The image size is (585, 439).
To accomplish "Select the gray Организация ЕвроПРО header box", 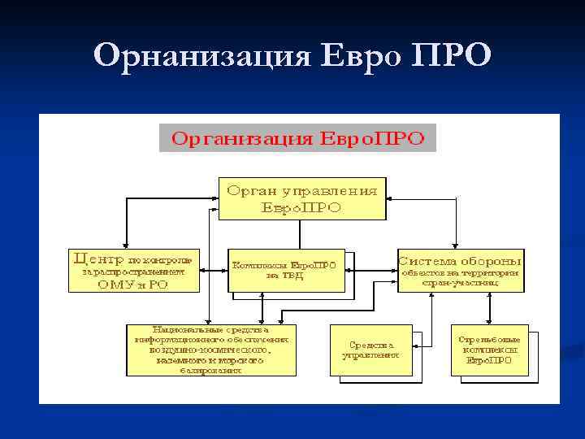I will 297,137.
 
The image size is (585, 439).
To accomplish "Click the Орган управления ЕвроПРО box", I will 302,198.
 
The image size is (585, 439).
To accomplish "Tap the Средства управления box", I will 370,350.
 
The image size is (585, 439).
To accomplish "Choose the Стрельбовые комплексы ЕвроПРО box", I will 489,350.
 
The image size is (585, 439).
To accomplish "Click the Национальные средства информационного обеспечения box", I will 211,350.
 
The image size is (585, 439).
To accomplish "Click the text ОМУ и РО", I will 132,284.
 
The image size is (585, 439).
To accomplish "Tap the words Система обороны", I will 459,260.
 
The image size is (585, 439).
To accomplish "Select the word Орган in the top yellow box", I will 251,191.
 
